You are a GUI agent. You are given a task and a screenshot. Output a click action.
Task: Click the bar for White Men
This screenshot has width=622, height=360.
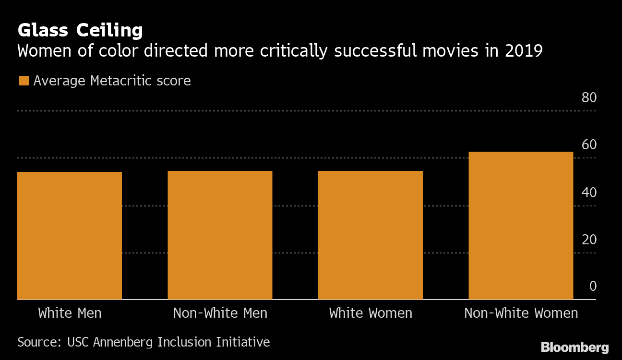tap(70, 235)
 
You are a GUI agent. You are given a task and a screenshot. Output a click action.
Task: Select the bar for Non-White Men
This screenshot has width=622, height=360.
tap(220, 235)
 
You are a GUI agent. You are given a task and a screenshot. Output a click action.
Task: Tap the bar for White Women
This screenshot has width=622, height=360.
tap(371, 235)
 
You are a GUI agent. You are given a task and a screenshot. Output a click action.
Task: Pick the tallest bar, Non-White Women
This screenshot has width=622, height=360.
tap(521, 225)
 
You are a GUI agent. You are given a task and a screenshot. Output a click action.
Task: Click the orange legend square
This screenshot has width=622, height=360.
tap(24, 81)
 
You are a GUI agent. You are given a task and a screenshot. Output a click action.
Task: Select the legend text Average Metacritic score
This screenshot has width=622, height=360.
tap(112, 81)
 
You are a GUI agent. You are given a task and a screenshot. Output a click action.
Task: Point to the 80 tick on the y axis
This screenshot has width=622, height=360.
tap(588, 98)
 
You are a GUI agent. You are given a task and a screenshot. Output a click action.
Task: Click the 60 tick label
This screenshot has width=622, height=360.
tap(588, 145)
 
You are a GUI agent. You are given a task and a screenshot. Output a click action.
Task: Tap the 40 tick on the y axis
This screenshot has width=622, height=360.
tap(588, 192)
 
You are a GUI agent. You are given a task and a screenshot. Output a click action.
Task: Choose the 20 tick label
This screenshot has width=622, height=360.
tap(588, 240)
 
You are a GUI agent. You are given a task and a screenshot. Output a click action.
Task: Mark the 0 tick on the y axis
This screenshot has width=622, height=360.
tap(593, 287)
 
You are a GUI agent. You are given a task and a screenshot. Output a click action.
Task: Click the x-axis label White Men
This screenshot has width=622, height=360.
tap(70, 313)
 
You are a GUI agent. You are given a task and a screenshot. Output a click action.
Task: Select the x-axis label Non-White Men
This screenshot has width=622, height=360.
tap(220, 313)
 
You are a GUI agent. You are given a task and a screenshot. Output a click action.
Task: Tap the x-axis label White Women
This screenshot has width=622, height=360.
tap(371, 313)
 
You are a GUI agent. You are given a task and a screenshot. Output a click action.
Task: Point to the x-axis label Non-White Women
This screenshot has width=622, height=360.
tap(521, 313)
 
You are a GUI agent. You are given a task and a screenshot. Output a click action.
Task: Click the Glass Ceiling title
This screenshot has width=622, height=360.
tap(80, 30)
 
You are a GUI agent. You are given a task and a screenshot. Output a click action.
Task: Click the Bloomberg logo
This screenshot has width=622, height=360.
tap(574, 348)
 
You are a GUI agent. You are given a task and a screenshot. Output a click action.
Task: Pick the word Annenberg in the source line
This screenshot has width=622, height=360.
tap(124, 342)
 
